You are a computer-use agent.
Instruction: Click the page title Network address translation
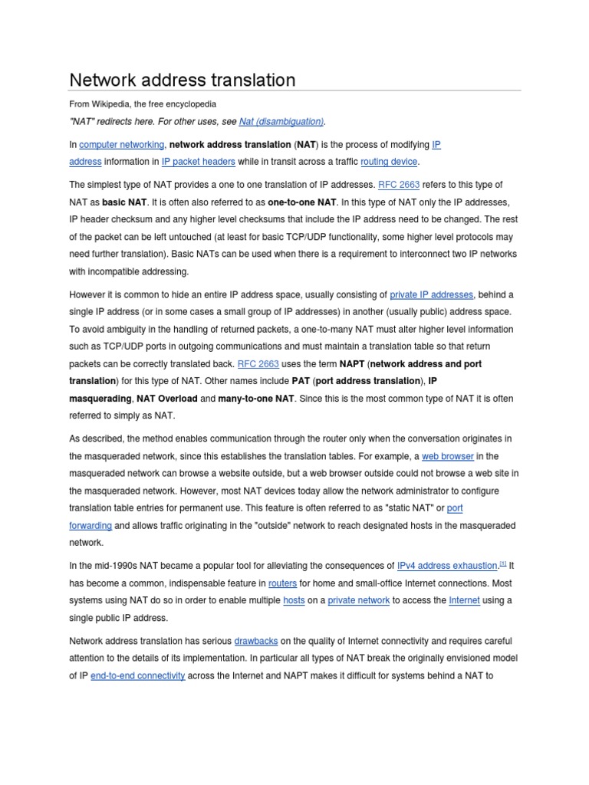(x=182, y=80)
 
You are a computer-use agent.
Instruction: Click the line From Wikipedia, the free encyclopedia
(x=143, y=103)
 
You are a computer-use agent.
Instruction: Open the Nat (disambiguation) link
(x=281, y=121)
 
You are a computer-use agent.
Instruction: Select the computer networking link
(x=121, y=144)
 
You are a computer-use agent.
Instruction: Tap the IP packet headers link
(x=198, y=162)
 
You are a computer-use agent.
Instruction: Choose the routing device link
(x=389, y=162)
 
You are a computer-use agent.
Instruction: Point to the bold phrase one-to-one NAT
(x=301, y=202)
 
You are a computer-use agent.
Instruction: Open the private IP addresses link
(x=432, y=294)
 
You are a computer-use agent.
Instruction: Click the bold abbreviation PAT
(x=301, y=381)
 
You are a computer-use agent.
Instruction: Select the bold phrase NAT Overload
(x=166, y=399)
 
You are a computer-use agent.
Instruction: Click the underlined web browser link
(x=448, y=455)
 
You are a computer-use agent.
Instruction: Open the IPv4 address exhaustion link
(x=447, y=566)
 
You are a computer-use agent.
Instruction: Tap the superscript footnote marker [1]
(x=503, y=564)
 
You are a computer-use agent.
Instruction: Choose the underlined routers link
(x=282, y=583)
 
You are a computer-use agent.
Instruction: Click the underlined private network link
(x=358, y=600)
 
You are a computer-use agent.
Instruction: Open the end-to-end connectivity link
(x=137, y=675)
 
